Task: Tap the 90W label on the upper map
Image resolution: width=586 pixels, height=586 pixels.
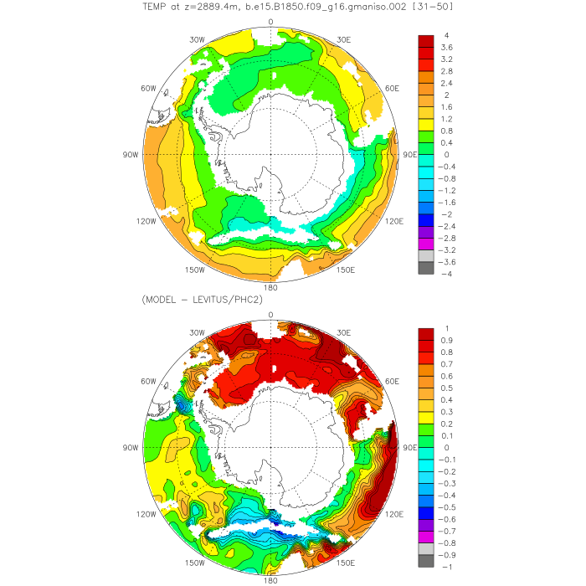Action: [x=129, y=155]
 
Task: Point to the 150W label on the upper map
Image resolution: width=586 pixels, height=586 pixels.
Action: [x=195, y=270]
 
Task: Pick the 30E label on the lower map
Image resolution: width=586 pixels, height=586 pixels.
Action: [x=343, y=332]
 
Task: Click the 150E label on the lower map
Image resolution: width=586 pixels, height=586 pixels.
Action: [x=346, y=563]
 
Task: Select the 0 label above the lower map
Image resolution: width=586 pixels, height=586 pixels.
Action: [x=270, y=315]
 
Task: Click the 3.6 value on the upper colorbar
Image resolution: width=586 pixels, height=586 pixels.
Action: [x=448, y=48]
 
